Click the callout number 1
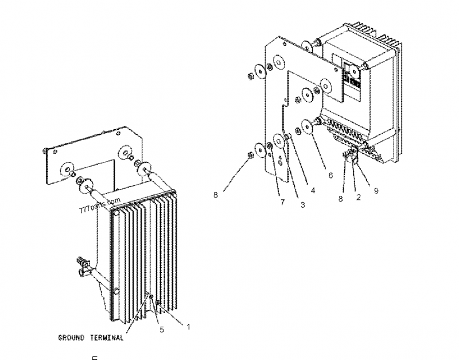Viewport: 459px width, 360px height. coord(187,326)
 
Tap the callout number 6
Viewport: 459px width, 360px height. coord(330,176)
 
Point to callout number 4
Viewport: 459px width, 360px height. coord(313,191)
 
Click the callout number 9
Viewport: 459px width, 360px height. coord(376,191)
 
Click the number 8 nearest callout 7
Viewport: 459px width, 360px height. coord(215,195)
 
